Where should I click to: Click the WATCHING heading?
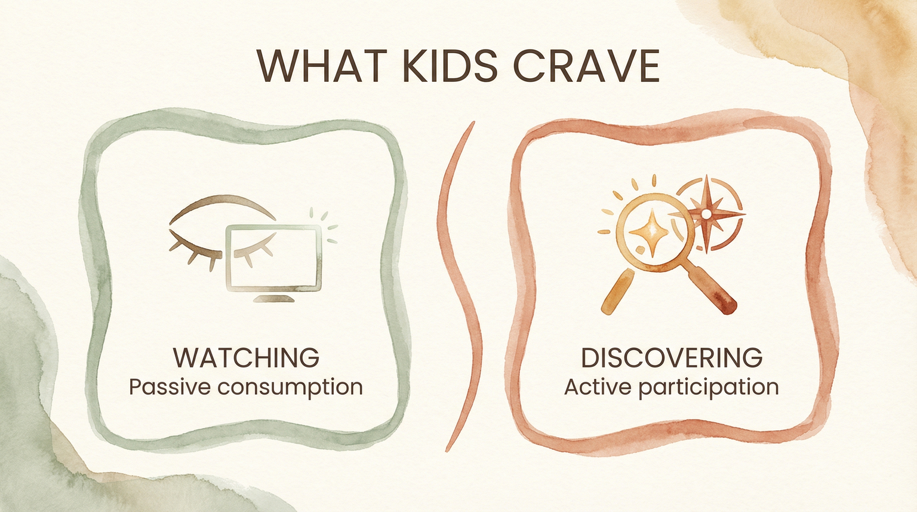click(246, 357)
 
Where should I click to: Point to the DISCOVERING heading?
click(672, 357)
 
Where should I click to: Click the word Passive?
click(169, 387)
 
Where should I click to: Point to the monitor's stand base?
click(274, 298)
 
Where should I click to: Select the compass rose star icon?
click(706, 213)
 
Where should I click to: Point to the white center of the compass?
click(706, 213)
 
